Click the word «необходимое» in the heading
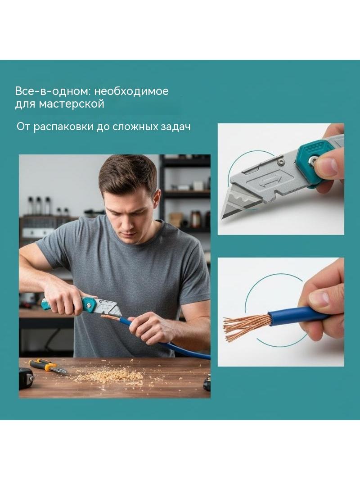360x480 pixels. tap(131, 91)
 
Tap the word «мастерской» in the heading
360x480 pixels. tap(72, 104)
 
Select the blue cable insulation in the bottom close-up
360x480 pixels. tap(297, 316)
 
